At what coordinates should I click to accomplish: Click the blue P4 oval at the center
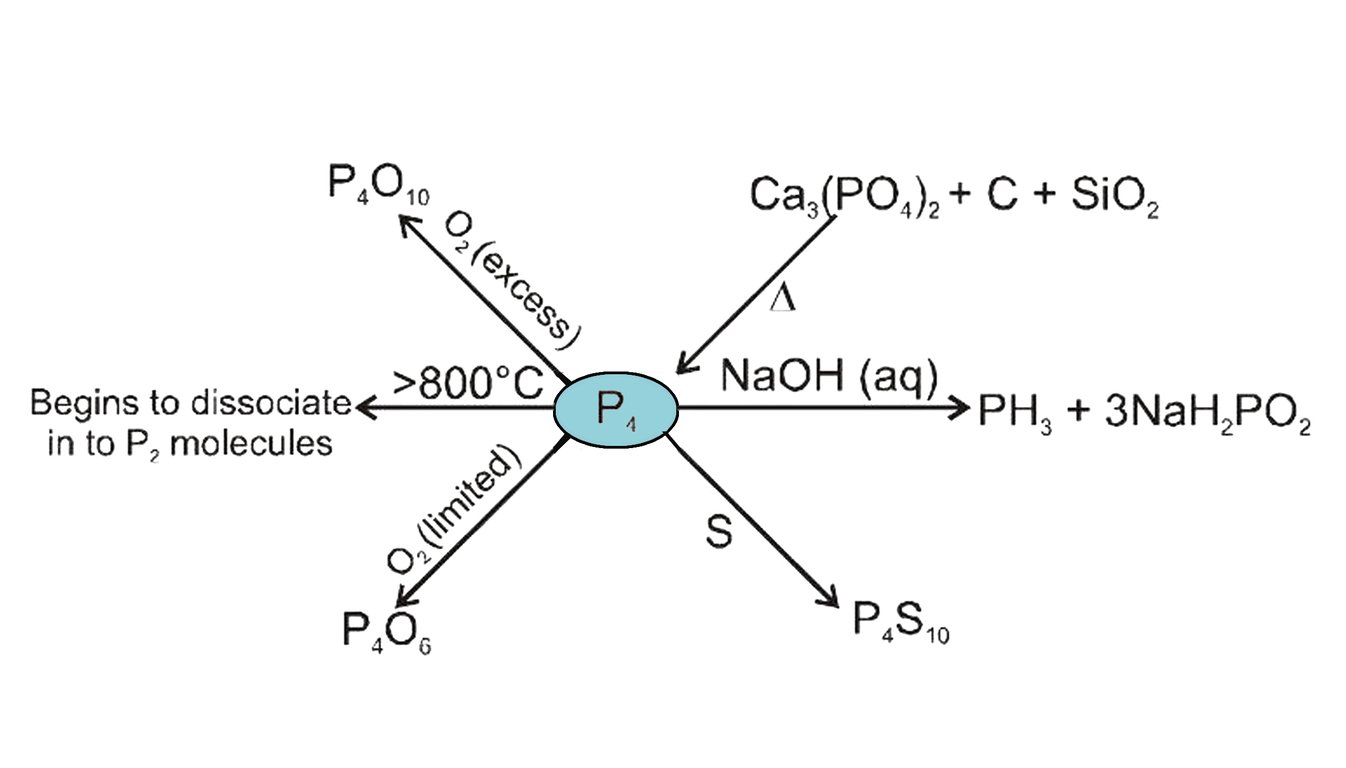[x=616, y=409]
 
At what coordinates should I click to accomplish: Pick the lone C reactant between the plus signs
[x=1017, y=195]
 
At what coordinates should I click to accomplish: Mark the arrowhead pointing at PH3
[x=960, y=407]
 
